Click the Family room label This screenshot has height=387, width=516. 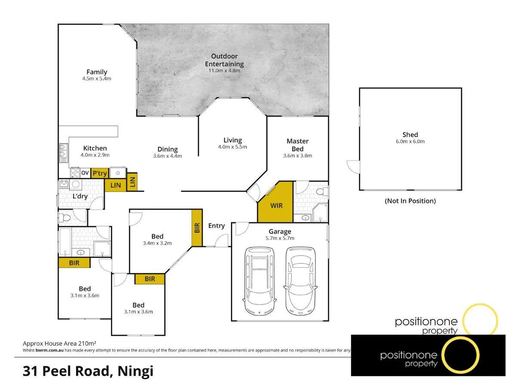click(97, 72)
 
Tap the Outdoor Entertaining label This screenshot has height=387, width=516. click(224, 60)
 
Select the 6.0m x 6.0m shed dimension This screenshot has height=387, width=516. click(410, 141)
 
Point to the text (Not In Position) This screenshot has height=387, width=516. click(410, 201)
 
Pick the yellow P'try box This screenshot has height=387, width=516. click(99, 173)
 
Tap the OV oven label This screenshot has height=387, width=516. click(85, 173)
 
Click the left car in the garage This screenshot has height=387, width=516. click(260, 280)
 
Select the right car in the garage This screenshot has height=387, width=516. click(301, 280)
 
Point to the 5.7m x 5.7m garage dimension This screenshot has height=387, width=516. click(280, 238)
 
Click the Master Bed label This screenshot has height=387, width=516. click(298, 145)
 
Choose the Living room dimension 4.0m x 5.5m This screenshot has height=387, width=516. click(233, 147)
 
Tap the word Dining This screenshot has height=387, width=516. click(168, 149)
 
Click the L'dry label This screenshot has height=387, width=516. click(80, 196)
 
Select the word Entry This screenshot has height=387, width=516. click(216, 226)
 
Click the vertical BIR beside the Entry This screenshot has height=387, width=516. click(197, 228)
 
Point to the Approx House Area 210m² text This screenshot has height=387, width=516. click(59, 344)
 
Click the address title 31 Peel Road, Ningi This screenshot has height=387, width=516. click(88, 371)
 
